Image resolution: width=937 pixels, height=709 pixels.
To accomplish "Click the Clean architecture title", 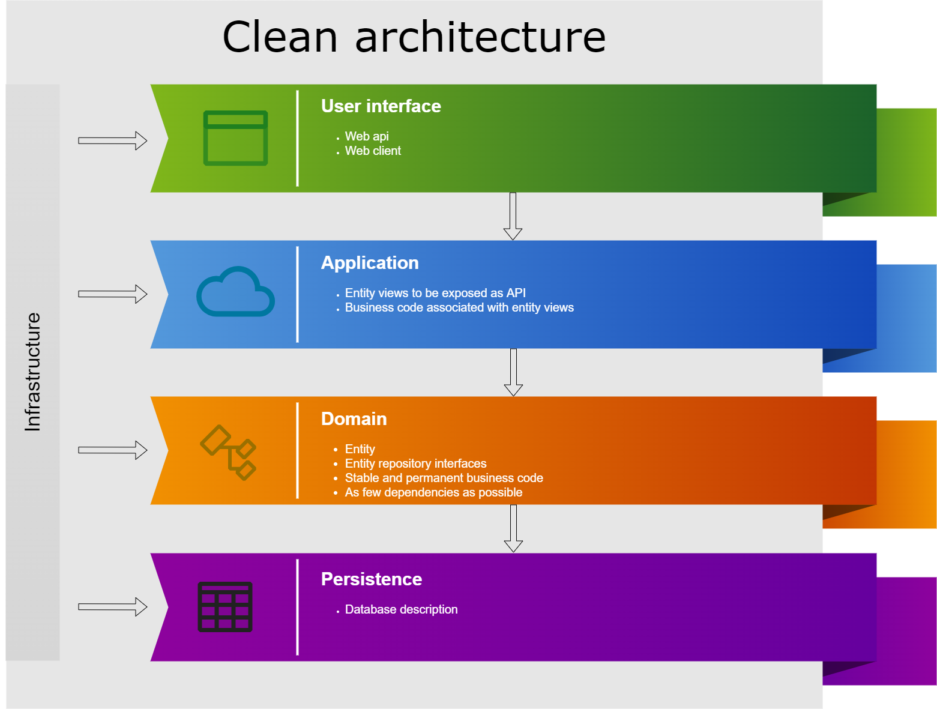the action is pyautogui.click(x=414, y=37).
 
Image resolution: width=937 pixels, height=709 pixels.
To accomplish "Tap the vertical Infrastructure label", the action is pyautogui.click(x=32, y=372).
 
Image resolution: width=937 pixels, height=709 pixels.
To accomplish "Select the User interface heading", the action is pyautogui.click(x=381, y=106).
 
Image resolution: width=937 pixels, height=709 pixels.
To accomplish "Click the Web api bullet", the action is pyautogui.click(x=367, y=136).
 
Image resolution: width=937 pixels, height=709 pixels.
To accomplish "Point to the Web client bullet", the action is pyautogui.click(x=373, y=151).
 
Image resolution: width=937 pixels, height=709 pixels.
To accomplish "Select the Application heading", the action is pyautogui.click(x=370, y=262).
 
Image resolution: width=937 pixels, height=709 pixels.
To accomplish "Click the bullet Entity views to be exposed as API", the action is pyautogui.click(x=435, y=293).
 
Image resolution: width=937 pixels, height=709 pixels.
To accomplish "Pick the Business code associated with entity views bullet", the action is pyautogui.click(x=459, y=307).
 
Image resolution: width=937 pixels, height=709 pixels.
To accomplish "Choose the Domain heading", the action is pyautogui.click(x=354, y=419).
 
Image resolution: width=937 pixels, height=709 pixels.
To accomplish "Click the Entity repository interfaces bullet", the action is pyautogui.click(x=415, y=463).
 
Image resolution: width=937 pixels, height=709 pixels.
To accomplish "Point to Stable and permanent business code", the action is pyautogui.click(x=444, y=478).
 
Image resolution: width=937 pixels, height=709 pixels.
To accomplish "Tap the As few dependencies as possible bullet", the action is pyautogui.click(x=433, y=493).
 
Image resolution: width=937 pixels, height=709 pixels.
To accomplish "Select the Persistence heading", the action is pyautogui.click(x=372, y=579).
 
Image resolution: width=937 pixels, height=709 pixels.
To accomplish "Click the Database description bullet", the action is pyautogui.click(x=401, y=609).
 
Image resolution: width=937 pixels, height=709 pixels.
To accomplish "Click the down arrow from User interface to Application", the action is pyautogui.click(x=513, y=216).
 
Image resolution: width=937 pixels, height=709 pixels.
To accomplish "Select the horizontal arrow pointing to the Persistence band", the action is pyautogui.click(x=113, y=607).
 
